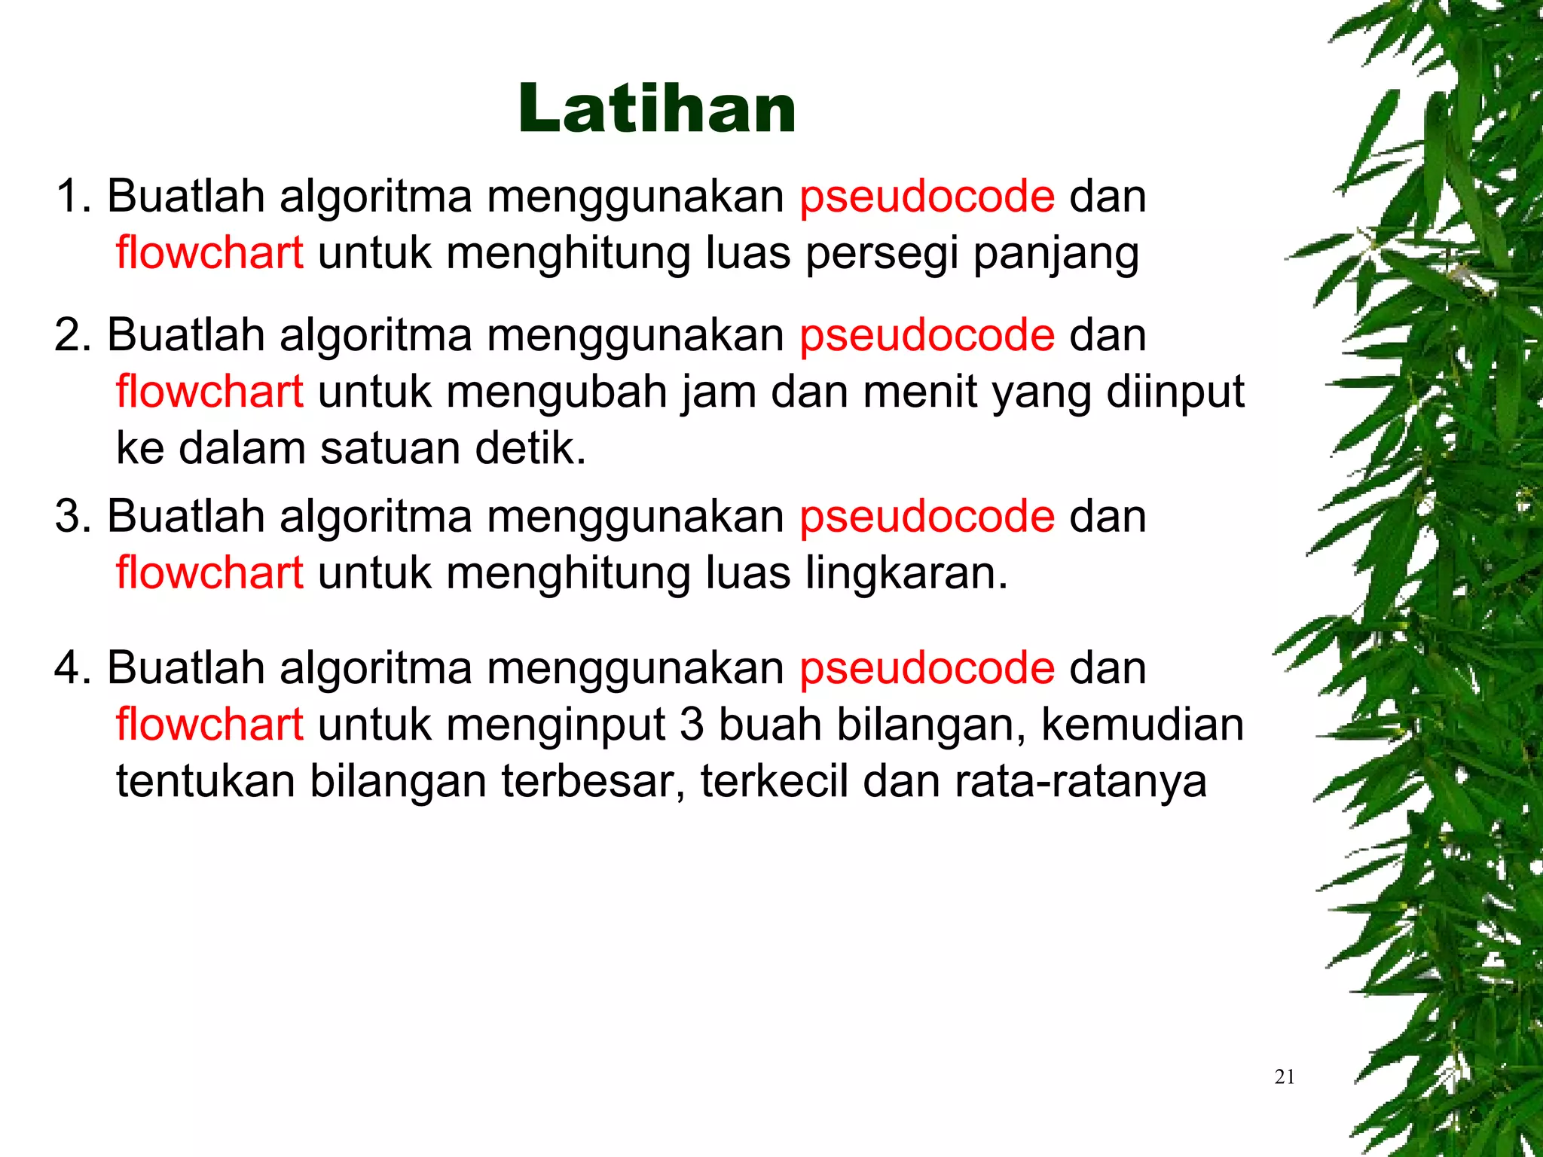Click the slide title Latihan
656,110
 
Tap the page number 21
1285,1077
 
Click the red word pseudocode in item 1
927,197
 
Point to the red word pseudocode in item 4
927,669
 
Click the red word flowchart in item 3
209,573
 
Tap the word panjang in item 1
1056,254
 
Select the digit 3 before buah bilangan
692,725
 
